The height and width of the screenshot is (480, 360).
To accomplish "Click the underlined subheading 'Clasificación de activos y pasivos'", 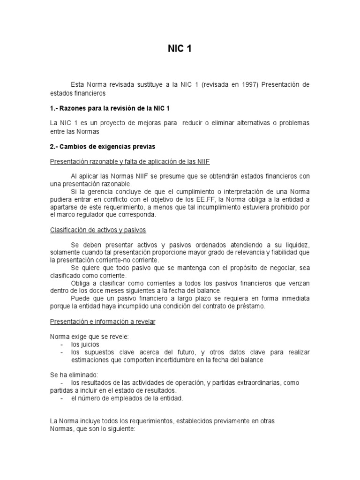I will pos(98,230).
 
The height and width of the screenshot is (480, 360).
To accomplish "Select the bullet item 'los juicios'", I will pos(85,345).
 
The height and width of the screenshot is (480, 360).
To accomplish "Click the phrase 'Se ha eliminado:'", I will pos(74,375).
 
